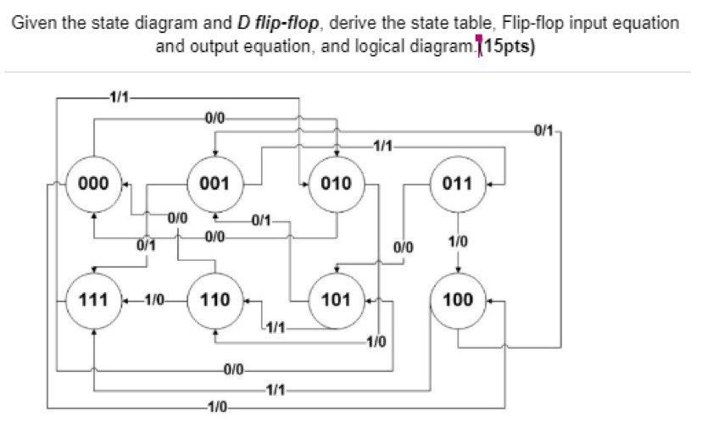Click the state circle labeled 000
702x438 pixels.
(94, 182)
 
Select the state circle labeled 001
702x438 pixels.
(215, 182)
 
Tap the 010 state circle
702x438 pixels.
(337, 182)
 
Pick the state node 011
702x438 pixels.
(458, 182)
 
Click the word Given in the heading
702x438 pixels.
(31, 23)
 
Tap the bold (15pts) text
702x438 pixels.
(510, 45)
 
